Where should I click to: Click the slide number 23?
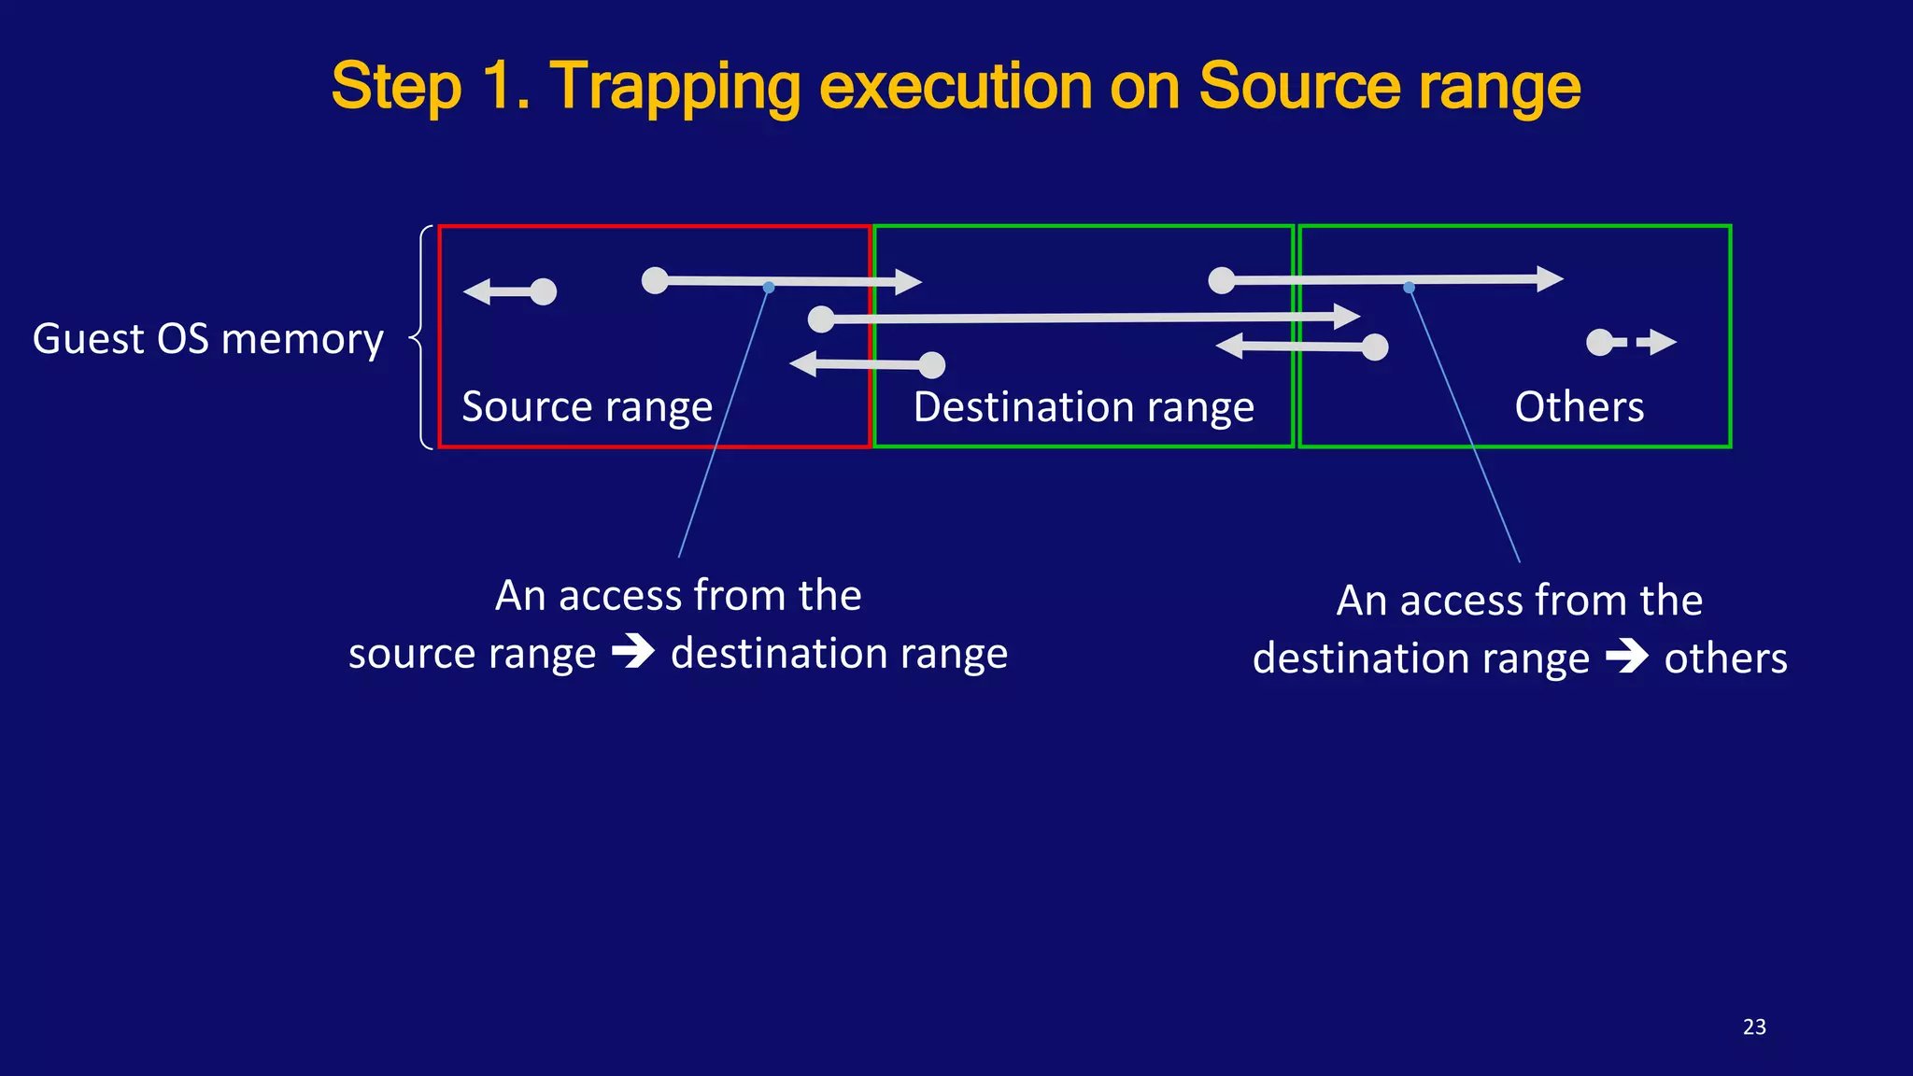1754,1026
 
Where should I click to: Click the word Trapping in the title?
674,86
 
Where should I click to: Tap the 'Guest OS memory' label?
207,338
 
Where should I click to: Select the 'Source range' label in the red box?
587,406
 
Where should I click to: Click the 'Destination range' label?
1084,406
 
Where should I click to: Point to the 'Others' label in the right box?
1579,406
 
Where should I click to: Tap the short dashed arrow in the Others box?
1633,343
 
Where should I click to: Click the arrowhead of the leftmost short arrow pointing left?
476,292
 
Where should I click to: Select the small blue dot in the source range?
769,288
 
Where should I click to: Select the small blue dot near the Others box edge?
1409,288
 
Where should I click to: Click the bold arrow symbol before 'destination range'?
633,651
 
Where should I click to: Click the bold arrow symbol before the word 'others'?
1627,657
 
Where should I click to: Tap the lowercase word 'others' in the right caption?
1725,658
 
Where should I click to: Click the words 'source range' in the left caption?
472,653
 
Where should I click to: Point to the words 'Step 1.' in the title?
431,86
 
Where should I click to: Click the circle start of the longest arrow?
821,319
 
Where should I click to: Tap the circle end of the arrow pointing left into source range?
931,365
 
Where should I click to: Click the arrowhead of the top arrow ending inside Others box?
1550,278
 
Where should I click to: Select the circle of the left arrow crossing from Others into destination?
1374,347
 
